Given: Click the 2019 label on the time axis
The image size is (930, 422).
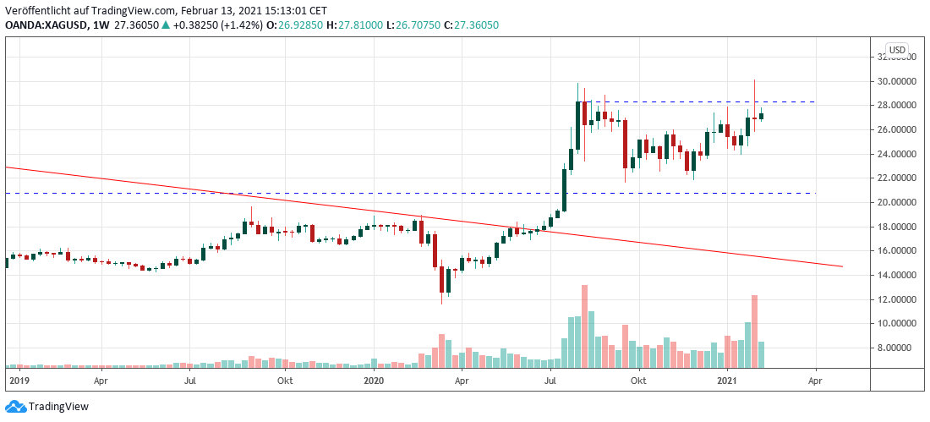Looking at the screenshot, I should [x=18, y=381].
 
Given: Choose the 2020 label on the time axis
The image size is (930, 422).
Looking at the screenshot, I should [x=373, y=381].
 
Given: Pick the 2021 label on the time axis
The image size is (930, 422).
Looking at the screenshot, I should [x=728, y=381].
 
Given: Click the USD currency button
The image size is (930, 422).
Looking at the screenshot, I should [x=896, y=49].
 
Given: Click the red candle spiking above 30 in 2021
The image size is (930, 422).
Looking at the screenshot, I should [x=754, y=110].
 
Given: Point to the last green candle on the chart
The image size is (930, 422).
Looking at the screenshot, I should [x=762, y=116].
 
